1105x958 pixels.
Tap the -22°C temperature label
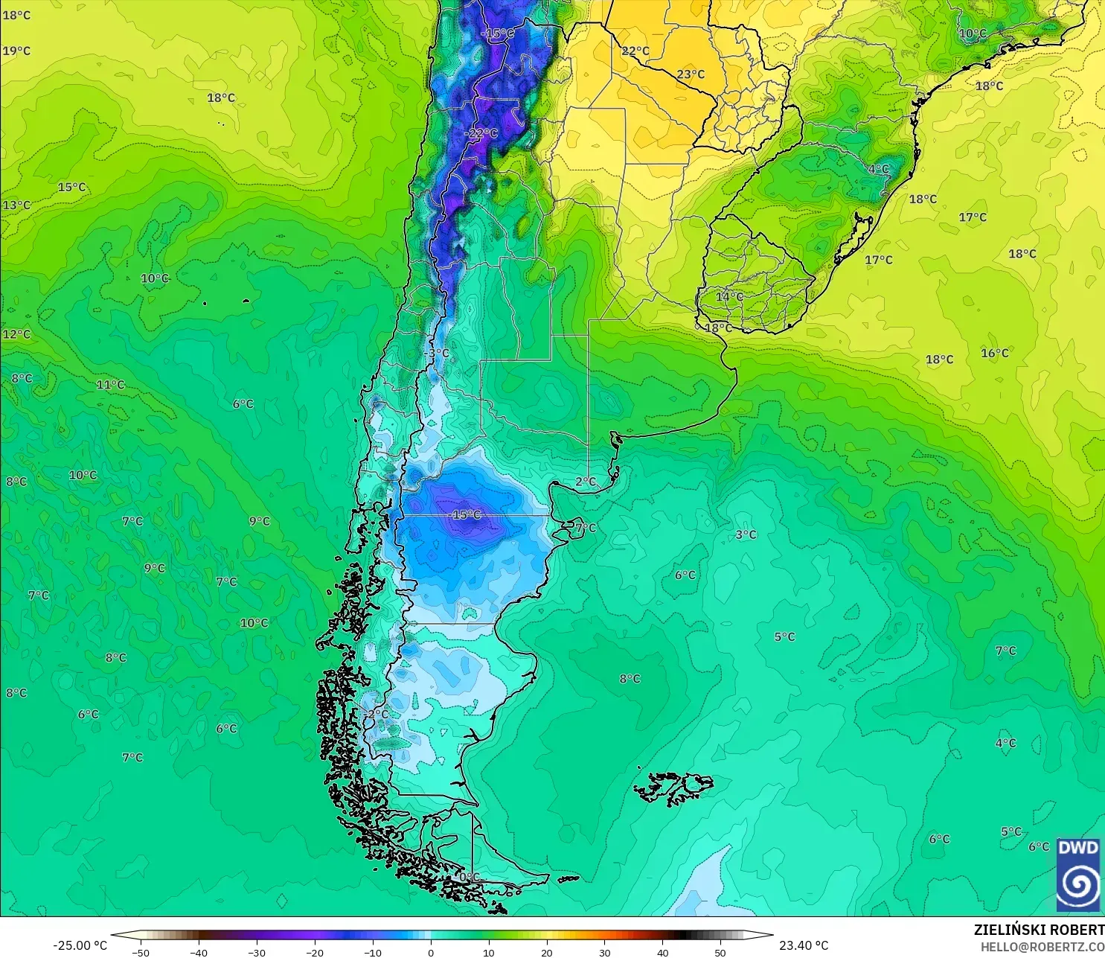click(481, 133)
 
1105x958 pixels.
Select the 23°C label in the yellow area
click(691, 74)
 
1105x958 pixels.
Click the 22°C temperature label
click(635, 51)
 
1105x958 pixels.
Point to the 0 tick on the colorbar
click(431, 952)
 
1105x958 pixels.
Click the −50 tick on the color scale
click(140, 952)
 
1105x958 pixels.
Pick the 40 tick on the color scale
click(662, 952)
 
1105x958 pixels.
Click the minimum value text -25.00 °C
click(80, 945)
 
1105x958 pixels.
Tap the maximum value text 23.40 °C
click(804, 945)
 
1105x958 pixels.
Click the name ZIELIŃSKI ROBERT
click(1039, 930)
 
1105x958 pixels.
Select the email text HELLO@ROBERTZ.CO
click(1042, 947)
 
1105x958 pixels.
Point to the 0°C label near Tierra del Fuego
click(469, 877)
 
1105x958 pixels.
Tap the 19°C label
click(16, 51)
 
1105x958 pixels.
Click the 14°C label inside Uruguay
click(728, 296)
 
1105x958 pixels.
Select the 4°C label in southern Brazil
click(878, 169)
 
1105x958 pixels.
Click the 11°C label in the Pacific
click(110, 385)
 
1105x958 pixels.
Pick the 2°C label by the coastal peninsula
click(586, 482)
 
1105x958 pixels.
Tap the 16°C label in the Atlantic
click(994, 353)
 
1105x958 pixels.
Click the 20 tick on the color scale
click(547, 952)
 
